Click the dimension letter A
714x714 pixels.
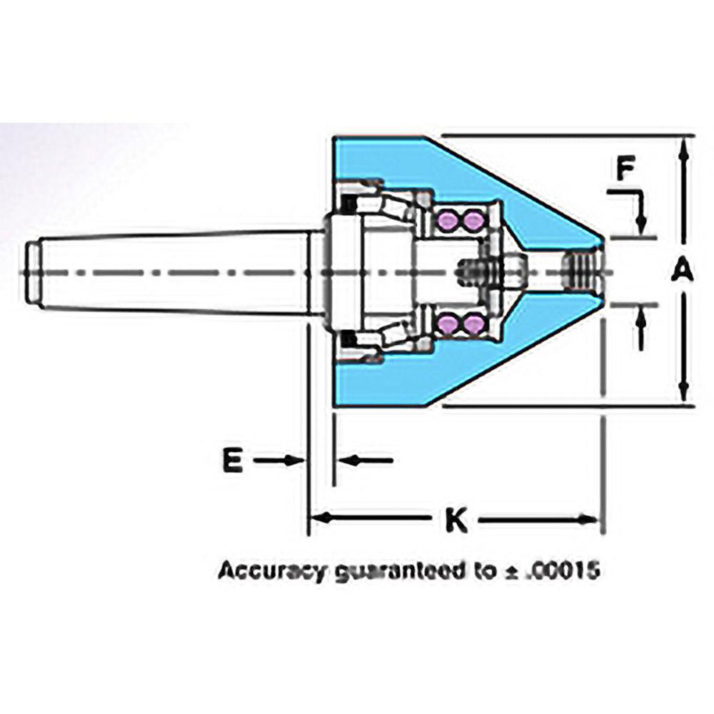(683, 271)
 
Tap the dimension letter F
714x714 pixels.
(625, 170)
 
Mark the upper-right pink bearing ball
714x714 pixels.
(471, 221)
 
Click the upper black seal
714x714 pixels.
(349, 204)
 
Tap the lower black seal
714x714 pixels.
(349, 338)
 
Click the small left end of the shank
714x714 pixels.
(31, 272)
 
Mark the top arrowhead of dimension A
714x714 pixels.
(684, 146)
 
